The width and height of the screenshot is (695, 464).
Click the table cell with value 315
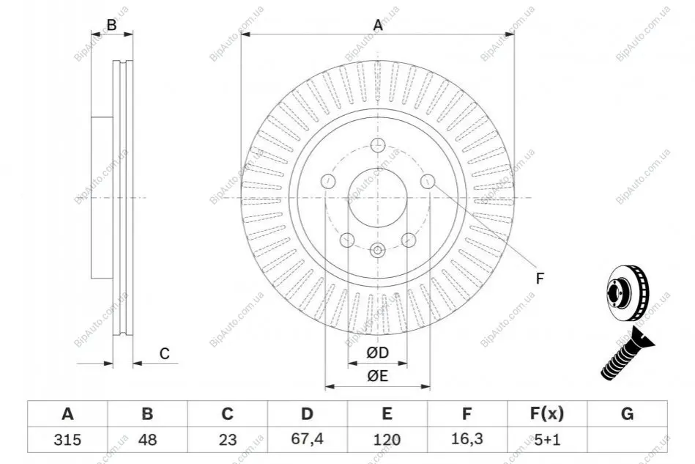[67, 440]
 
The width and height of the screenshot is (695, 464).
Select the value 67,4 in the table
[307, 439]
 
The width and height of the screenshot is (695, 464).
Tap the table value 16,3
[467, 439]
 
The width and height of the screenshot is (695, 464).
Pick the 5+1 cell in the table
[547, 440]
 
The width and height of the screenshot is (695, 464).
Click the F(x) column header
[547, 414]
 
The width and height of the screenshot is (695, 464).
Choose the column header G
[627, 414]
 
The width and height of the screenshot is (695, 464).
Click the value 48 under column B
[147, 440]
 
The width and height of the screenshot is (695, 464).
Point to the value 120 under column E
[387, 440]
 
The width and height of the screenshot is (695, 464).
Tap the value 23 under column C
[227, 440]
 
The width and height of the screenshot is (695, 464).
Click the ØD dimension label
[378, 353]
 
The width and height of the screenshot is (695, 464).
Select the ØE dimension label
[378, 376]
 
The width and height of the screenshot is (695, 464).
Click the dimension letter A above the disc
[378, 25]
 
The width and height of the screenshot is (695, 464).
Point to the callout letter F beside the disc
[540, 279]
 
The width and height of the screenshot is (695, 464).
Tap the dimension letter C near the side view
[165, 353]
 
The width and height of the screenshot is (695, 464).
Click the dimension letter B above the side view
[112, 25]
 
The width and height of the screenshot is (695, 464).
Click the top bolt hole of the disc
[378, 144]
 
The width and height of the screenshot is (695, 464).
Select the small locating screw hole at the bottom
[378, 251]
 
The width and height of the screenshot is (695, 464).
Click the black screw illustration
[627, 353]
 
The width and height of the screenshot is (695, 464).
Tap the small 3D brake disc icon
[627, 292]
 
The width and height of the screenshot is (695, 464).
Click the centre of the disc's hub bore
[378, 198]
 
